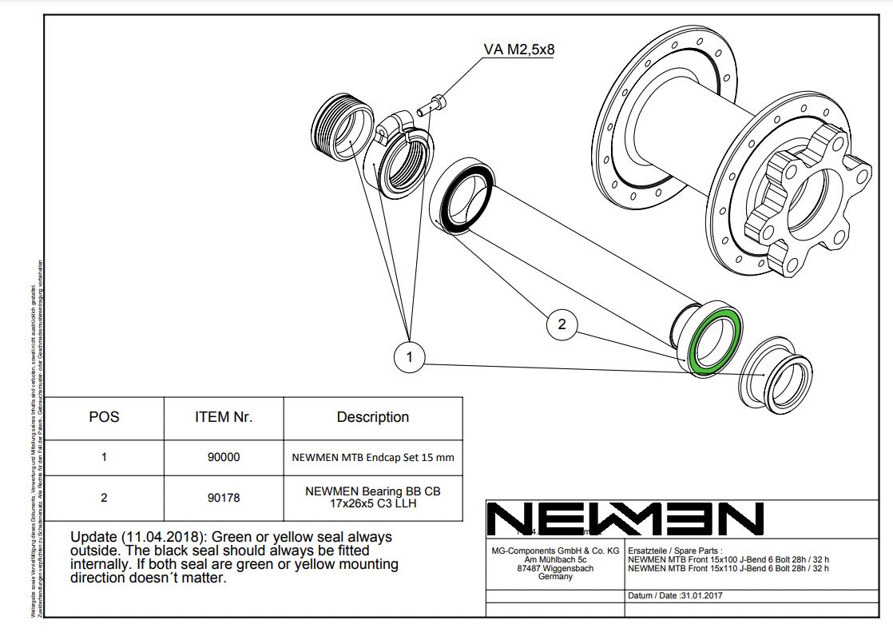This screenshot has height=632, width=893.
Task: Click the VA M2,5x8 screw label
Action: point(518,50)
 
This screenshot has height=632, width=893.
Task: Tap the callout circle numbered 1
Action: point(410,357)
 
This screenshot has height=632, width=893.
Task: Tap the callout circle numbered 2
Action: point(562,324)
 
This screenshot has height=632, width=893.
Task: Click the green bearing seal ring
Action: point(716,340)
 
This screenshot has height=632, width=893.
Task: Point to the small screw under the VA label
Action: point(438,102)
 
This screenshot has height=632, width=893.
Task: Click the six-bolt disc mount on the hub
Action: point(799,200)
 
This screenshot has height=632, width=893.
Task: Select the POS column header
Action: point(104,417)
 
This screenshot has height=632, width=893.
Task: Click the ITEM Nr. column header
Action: point(224,417)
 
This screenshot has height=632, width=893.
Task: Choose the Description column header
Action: point(372,417)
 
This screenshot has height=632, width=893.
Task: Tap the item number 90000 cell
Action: point(224,458)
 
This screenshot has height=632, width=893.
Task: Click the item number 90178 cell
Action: point(224,498)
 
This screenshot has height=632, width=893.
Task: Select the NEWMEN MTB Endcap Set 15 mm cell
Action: point(372,458)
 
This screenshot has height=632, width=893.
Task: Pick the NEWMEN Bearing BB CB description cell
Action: point(372,498)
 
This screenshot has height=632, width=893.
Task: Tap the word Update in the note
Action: point(94,537)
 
